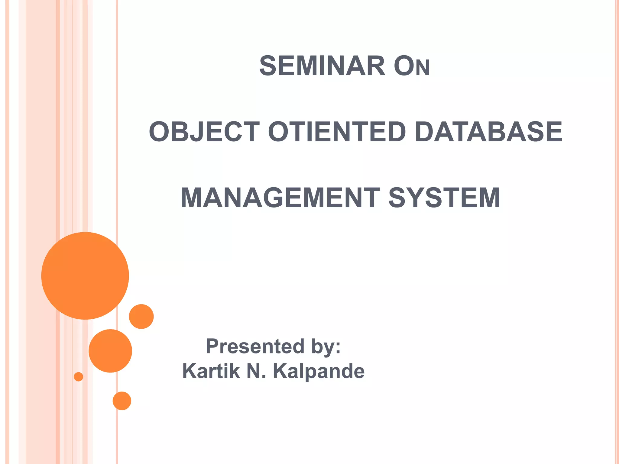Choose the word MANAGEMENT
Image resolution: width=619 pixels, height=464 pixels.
280,198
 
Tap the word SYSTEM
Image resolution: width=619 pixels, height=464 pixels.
444,198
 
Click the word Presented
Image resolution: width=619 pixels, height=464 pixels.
255,346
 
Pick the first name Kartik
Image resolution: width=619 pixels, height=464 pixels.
211,371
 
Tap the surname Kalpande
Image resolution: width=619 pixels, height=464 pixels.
319,371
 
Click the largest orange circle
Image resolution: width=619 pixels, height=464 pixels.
85,275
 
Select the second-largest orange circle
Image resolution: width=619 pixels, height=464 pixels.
110,351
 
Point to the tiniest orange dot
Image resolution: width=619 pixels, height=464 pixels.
79,377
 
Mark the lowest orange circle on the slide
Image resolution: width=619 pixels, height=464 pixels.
122,401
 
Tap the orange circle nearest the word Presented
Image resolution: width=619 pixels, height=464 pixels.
141,316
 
